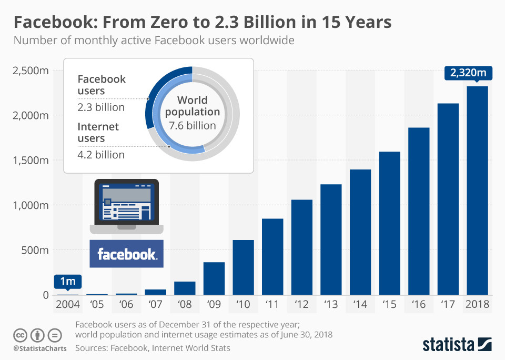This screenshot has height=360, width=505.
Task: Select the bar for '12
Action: point(302,247)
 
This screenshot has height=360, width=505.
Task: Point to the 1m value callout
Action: point(68,282)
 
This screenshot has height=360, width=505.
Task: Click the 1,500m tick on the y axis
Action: point(30,160)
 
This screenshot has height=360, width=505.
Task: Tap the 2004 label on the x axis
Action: point(68,304)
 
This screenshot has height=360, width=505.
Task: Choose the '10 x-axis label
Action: point(243,304)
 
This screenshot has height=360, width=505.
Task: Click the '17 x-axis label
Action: point(448,304)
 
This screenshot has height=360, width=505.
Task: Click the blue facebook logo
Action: point(126,254)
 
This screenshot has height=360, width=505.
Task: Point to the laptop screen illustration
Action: point(126,203)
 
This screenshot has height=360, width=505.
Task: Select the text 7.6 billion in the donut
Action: point(193,125)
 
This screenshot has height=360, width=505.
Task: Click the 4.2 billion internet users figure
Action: point(101,155)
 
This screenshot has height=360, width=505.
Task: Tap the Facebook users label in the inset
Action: point(102,85)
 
